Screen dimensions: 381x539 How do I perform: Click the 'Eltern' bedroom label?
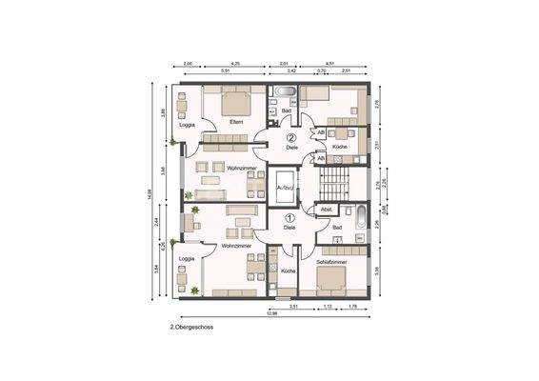point(236,121)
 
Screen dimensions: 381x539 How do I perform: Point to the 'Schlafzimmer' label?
point(332,260)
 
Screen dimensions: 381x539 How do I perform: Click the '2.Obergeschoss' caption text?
point(190,327)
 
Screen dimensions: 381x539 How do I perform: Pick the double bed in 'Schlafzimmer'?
point(331,278)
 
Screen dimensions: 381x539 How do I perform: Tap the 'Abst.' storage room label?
point(326,209)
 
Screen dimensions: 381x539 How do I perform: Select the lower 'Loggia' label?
point(188,257)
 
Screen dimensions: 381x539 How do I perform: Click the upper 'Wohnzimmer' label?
point(240,168)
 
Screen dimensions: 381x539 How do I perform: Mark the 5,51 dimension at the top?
point(225,71)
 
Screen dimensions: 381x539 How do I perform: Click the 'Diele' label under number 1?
point(289,228)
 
